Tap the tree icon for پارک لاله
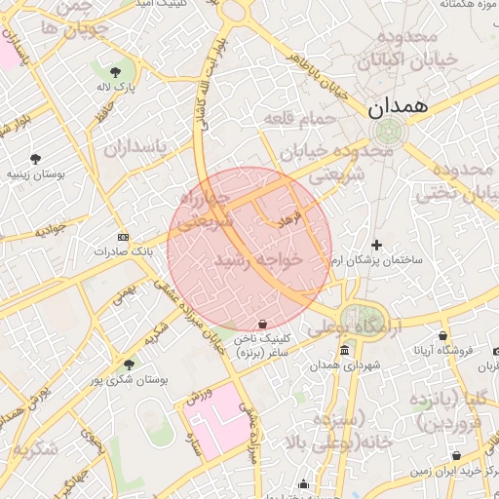coord(116,71)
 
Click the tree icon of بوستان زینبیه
coord(36,158)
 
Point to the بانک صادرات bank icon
coord(123,237)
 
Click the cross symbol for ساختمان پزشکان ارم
coord(377,245)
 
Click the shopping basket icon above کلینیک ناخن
coord(262,324)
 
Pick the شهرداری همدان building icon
coord(344,351)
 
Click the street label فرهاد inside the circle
coord(291,223)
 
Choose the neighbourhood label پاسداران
coord(134,147)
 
